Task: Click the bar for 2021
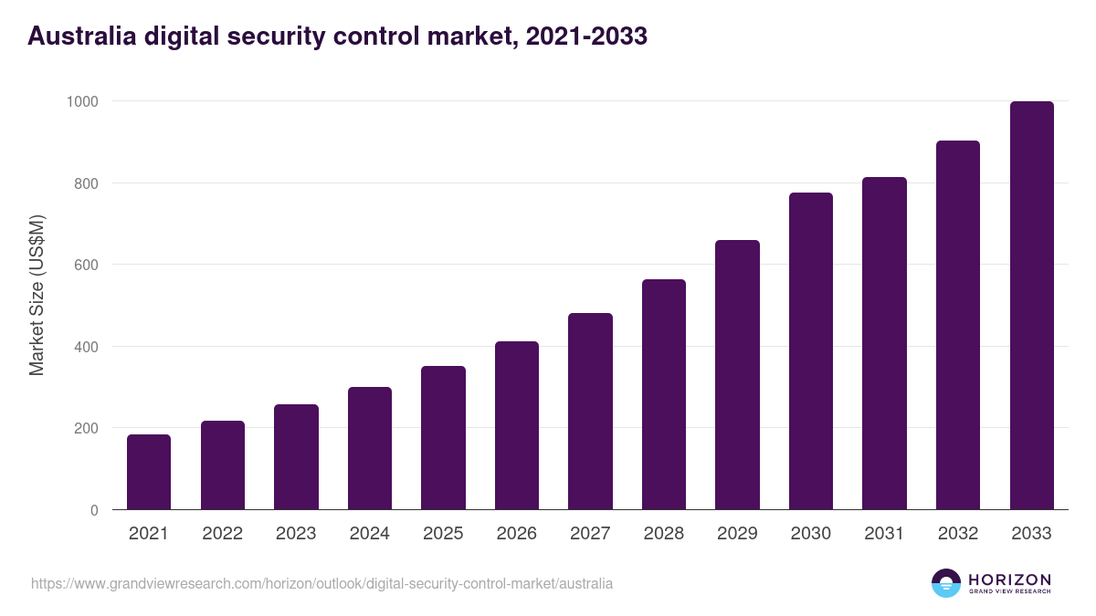(149, 472)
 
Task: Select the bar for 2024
(370, 448)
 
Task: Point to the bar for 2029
(737, 374)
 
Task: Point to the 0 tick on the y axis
(94, 510)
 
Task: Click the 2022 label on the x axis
(222, 534)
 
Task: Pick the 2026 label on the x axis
(517, 534)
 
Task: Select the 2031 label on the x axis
(884, 534)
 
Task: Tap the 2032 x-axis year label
(958, 534)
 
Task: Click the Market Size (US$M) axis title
(37, 296)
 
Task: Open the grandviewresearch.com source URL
(321, 583)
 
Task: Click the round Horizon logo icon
(946, 583)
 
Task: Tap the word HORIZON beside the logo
(1009, 579)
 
